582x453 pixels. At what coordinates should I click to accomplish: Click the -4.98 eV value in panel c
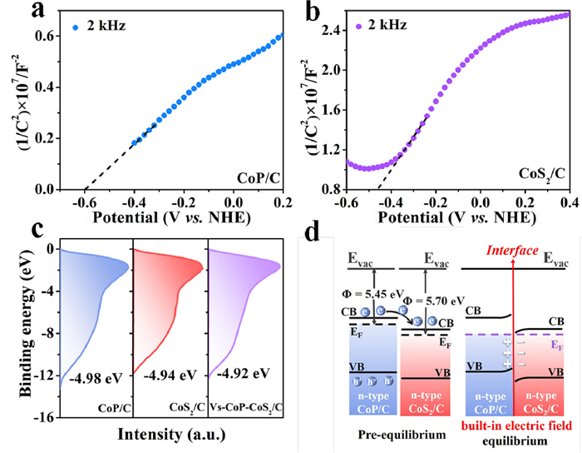(98, 377)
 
